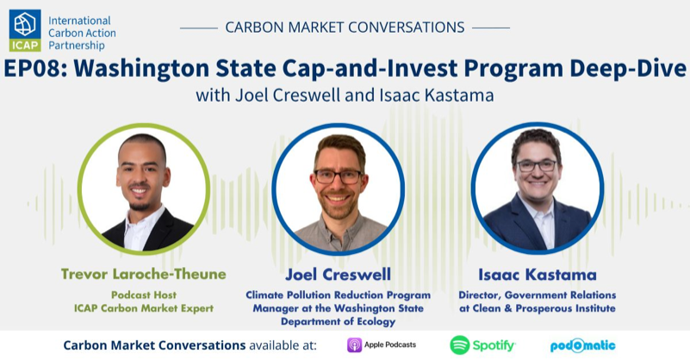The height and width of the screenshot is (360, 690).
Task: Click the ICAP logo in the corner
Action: (x=25, y=31)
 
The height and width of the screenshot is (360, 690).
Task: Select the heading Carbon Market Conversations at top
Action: (x=345, y=27)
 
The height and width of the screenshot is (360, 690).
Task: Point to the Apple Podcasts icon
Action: (x=354, y=345)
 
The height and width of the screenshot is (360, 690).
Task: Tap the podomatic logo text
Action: (x=583, y=345)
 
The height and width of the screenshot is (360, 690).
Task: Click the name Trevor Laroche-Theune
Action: (x=144, y=274)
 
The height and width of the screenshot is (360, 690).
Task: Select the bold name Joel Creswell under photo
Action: (x=343, y=274)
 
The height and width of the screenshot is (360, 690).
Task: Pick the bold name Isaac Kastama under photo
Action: (x=537, y=274)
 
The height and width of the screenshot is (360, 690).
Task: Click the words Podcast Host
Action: (x=144, y=294)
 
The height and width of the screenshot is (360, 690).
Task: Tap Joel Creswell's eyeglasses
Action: (x=338, y=176)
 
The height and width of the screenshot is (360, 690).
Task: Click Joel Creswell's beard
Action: (x=338, y=202)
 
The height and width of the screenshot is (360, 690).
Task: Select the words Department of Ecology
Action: (x=343, y=322)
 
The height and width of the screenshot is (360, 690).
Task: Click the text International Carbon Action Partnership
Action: (x=83, y=33)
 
